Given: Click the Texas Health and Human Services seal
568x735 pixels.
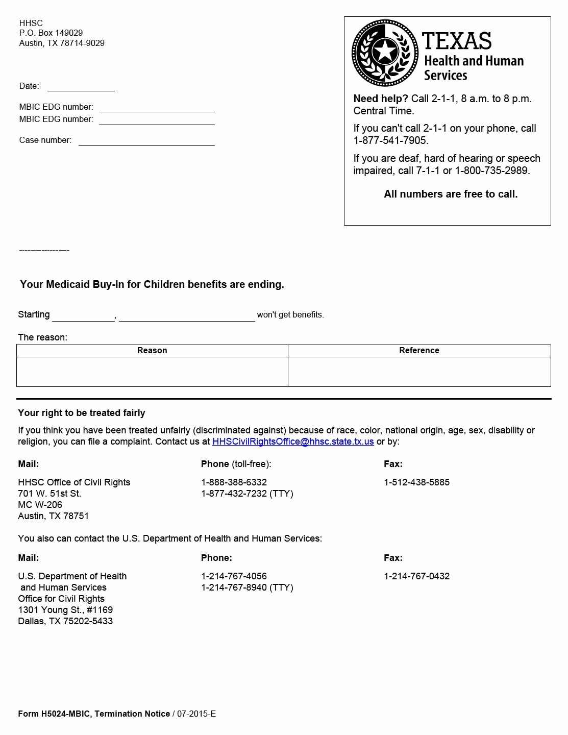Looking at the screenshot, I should pos(385,53).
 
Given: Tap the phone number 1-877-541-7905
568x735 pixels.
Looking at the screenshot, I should pos(391,140).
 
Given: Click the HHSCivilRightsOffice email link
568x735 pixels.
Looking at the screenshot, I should pos(293,442).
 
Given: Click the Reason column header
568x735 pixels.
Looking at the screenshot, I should pos(152,351).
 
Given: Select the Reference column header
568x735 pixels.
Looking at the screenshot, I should pos(419,351).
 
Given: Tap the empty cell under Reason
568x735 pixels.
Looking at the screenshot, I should pos(152,372).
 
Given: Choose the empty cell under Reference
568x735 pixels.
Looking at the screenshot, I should pos(419,372).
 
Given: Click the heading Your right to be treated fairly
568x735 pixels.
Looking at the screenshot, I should pos(82,413).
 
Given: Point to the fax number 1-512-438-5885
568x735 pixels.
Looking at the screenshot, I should pos(416,482).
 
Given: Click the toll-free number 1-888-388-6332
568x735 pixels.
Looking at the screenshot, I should pos(234,482).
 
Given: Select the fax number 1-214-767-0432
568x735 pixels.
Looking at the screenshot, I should pos(416,576).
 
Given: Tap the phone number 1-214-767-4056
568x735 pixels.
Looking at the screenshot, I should pos(234,576).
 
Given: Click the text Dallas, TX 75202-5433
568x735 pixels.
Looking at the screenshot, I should pos(65,621).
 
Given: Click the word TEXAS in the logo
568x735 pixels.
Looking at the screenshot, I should pos(457,41).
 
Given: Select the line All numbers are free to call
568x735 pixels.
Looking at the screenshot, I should pos(451,194).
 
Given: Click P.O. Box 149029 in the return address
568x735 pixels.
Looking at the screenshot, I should pos(51,33).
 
